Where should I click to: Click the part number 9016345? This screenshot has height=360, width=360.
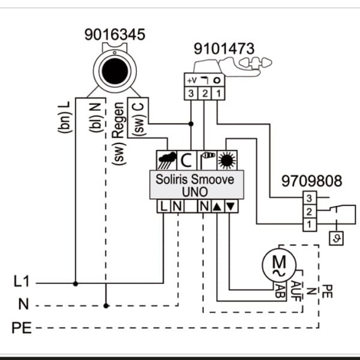pos(115,34)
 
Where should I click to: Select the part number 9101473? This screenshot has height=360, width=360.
pos(224,49)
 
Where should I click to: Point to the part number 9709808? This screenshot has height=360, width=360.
pos(312,181)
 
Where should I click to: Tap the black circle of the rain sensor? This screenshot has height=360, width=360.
pos(115,71)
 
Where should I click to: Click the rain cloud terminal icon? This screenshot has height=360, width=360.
pos(167,160)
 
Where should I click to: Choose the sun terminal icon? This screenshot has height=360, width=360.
pos(227,160)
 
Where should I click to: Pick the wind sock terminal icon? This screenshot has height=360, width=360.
pos(206,160)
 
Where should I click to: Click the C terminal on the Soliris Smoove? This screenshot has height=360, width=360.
pos(187,160)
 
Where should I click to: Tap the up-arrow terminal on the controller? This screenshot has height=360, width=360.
pos(217,206)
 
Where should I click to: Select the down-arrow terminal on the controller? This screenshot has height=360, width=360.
pos(231,206)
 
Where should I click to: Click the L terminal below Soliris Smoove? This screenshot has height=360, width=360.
pos(163,206)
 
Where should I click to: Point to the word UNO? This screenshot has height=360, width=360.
pos(195,192)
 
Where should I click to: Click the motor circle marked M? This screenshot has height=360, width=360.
pos(279,265)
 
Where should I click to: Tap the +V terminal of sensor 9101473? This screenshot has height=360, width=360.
pos(191,80)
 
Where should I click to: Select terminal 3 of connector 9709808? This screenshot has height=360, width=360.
pos(309,198)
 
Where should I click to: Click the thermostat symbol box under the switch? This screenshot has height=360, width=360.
pos(337,238)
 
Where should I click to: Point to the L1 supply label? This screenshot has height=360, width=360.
pos(22,281)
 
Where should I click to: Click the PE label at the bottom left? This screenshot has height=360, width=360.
pos(22,328)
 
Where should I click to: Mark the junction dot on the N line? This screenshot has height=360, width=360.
pos(106,306)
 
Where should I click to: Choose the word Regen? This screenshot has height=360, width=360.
pos(119,121)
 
